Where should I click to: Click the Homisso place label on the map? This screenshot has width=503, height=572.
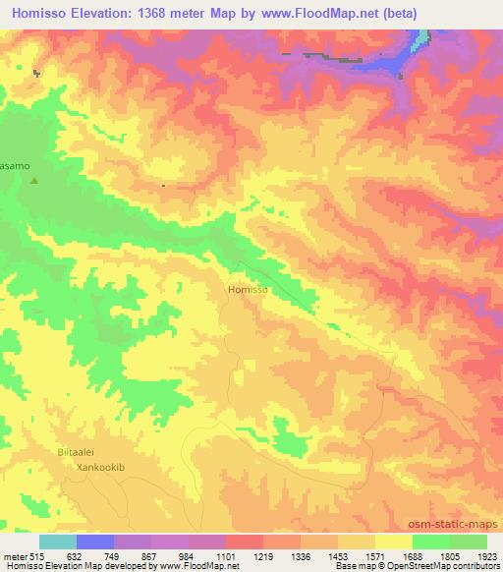(247, 290)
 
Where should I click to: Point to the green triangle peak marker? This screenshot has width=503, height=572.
(35, 180)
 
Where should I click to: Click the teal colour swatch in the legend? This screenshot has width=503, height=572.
(58, 541)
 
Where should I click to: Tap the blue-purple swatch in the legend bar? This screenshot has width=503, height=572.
(95, 541)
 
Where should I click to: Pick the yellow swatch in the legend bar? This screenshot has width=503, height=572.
(393, 541)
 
